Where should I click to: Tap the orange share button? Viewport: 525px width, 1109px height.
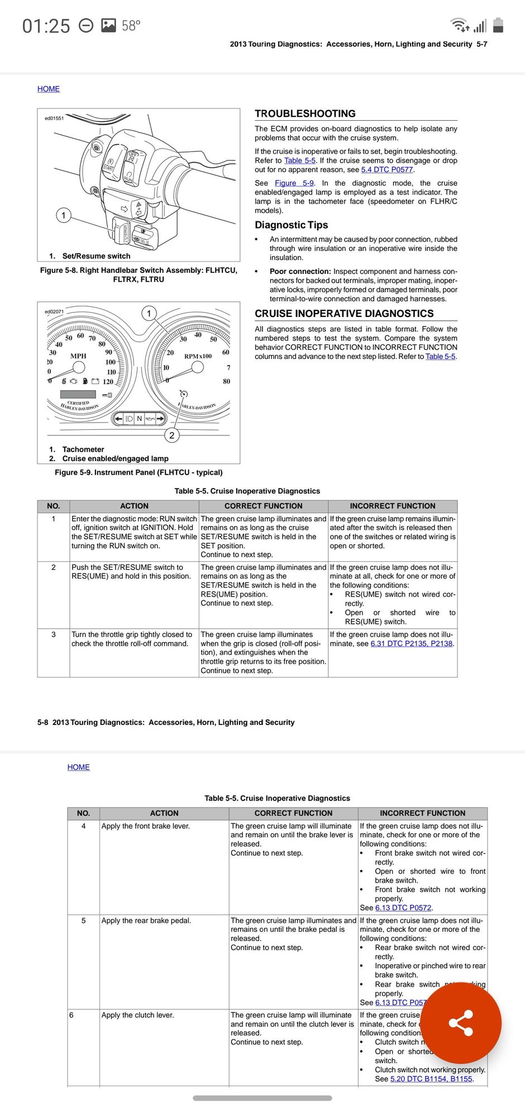tap(461, 1023)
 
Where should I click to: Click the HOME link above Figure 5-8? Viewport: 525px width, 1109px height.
tap(49, 89)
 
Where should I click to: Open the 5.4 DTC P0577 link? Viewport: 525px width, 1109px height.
tap(387, 170)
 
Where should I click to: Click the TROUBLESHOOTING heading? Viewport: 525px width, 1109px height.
tap(305, 113)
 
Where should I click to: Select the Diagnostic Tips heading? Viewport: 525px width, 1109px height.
tap(291, 225)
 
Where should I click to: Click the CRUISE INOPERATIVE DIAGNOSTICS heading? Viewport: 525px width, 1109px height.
tap(344, 314)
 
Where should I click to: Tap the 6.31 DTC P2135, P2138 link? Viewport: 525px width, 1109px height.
tap(411, 643)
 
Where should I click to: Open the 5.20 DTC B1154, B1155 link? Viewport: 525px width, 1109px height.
tap(431, 1079)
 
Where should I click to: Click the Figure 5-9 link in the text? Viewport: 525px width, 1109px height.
tap(294, 183)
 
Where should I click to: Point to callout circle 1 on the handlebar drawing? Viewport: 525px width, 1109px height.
tap(64, 215)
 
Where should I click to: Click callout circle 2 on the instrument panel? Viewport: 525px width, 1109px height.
tap(172, 435)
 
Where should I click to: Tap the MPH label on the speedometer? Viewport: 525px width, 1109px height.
tap(78, 356)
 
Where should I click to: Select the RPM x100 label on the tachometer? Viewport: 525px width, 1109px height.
tap(198, 356)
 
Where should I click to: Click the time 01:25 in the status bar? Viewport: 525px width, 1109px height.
tap(46, 26)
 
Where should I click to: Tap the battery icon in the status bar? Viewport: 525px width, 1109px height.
tap(499, 25)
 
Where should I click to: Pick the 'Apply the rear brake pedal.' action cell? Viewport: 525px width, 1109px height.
tap(146, 921)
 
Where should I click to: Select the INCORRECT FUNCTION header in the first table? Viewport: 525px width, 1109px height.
tap(392, 506)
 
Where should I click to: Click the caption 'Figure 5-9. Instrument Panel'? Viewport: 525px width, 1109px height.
tap(139, 472)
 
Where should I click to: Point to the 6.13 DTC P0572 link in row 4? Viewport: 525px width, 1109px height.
tap(404, 908)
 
